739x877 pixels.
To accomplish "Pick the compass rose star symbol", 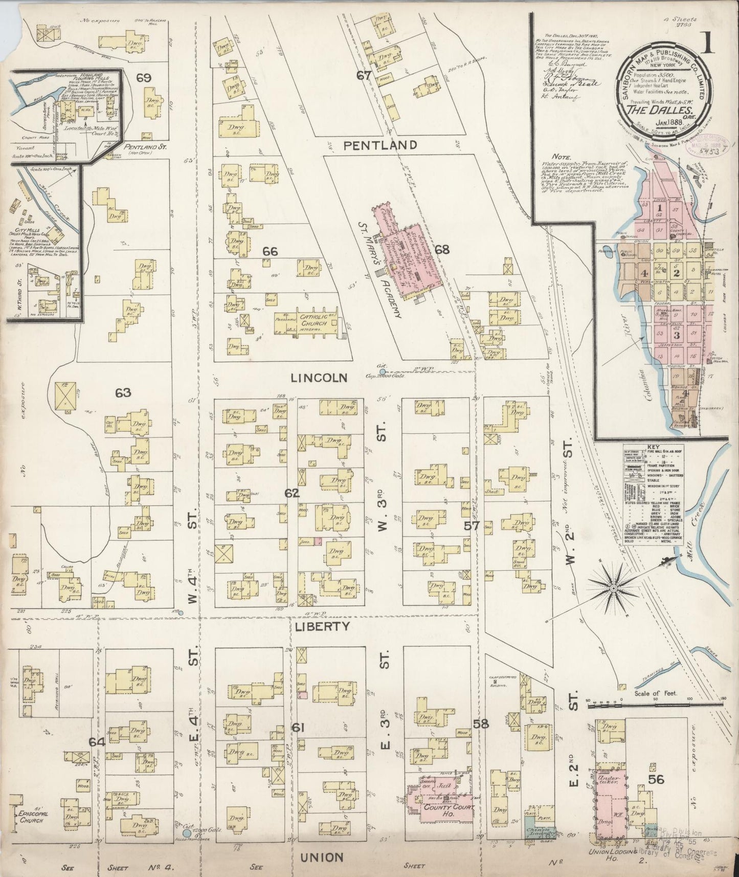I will pyautogui.click(x=613, y=590).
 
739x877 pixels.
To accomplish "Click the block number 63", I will pyautogui.click(x=123, y=393).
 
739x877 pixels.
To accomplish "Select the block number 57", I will pyautogui.click(x=471, y=525).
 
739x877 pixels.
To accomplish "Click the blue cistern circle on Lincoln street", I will pyautogui.click(x=382, y=371).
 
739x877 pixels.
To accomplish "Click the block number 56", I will pyautogui.click(x=656, y=779).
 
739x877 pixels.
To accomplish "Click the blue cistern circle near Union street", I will pyautogui.click(x=187, y=834).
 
